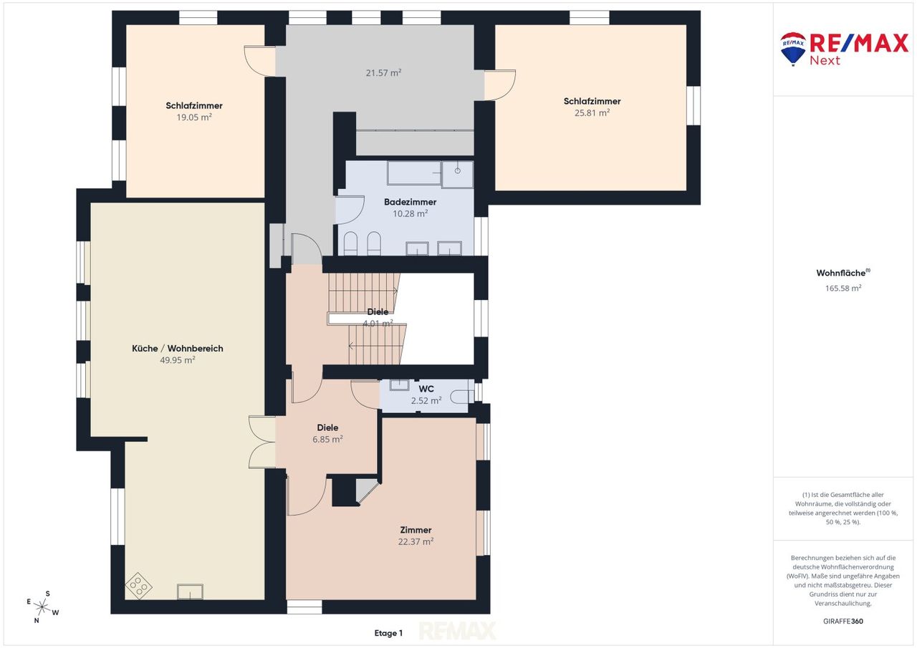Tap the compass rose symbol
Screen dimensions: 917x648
[x=42, y=606]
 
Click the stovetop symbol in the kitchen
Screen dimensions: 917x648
[x=138, y=586]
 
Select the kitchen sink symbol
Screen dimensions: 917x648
[x=190, y=591]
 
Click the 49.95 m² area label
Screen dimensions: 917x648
[x=177, y=360]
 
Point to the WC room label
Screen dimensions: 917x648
[x=426, y=389]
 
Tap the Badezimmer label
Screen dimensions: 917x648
[x=411, y=202]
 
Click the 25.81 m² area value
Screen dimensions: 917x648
[x=592, y=113]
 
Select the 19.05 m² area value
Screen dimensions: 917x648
[x=194, y=117]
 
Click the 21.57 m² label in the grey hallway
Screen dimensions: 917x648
[x=383, y=73]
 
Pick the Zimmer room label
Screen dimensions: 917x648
[x=416, y=530]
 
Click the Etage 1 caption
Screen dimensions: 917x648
[x=388, y=633]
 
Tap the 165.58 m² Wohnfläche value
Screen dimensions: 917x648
[x=843, y=288]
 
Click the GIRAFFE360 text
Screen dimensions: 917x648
[x=843, y=621]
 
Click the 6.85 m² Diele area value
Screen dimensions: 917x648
[x=327, y=440]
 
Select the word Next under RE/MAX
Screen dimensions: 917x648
[x=825, y=61]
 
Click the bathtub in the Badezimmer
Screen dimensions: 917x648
[x=414, y=173]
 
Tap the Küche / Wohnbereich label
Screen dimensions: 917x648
[x=177, y=349]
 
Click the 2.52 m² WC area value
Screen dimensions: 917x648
[x=426, y=401]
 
